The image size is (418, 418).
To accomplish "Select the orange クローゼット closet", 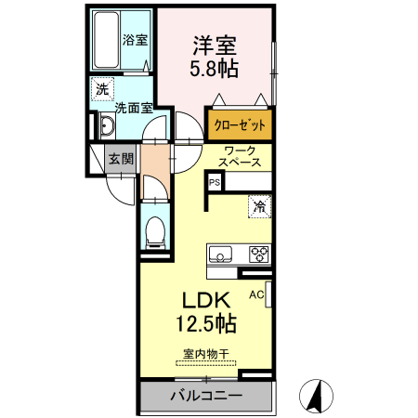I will [241, 124].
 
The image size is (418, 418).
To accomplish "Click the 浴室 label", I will [135, 40].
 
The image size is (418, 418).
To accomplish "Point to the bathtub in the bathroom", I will [106, 41].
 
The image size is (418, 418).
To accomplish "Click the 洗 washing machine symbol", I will [100, 89].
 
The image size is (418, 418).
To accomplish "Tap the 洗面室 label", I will [133, 107].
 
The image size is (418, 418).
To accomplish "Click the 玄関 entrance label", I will [120, 158].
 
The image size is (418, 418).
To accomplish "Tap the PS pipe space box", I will [214, 182].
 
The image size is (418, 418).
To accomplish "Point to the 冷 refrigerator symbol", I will [259, 207].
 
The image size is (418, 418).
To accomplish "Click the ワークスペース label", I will [240, 155].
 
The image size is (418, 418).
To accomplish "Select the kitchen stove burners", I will [257, 253].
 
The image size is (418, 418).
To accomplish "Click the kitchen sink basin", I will [222, 253].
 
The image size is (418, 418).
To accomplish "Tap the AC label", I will [255, 294].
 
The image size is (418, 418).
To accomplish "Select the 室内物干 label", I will [205, 354].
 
